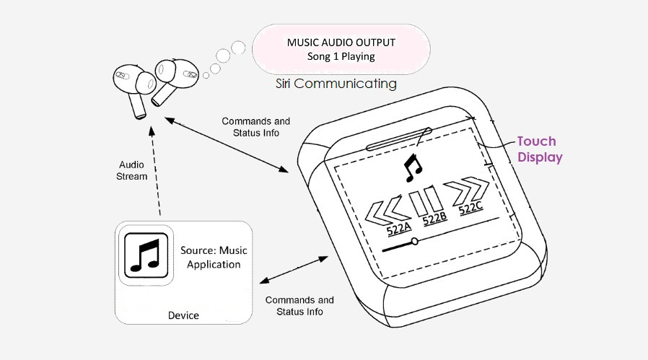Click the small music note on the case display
click(413, 165)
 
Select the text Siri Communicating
click(336, 84)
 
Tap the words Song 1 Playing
click(341, 56)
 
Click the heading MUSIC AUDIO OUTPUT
click(341, 42)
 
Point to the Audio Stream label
click(133, 170)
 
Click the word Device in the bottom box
click(183, 315)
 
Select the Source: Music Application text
click(214, 258)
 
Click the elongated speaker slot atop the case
click(399, 137)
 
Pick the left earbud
click(133, 86)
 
